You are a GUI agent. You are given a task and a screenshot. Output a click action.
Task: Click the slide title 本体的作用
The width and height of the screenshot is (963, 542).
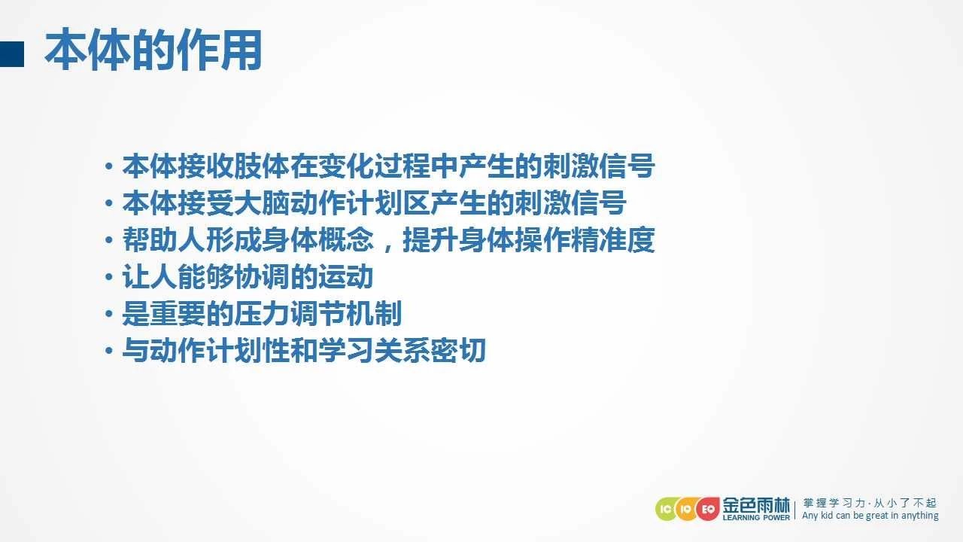pyautogui.click(x=153, y=50)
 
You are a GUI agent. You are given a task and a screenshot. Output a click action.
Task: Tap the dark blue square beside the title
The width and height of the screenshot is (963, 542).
pyautogui.click(x=11, y=53)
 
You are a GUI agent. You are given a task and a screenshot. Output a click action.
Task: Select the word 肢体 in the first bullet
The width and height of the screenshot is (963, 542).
pyautogui.click(x=262, y=166)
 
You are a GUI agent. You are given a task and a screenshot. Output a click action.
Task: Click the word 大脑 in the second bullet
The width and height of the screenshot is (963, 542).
pyautogui.click(x=262, y=203)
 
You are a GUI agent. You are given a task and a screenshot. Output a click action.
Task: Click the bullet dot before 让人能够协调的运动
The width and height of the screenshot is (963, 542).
pyautogui.click(x=109, y=276)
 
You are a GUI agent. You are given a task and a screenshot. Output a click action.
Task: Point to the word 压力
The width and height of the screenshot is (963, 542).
pyautogui.click(x=262, y=314)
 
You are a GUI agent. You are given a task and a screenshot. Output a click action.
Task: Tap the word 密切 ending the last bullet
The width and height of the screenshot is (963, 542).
pyautogui.click(x=458, y=350)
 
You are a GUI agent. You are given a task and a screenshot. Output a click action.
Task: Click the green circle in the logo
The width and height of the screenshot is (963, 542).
pyautogui.click(x=666, y=510)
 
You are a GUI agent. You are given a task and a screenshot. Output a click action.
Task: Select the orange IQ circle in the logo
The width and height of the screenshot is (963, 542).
pyautogui.click(x=687, y=510)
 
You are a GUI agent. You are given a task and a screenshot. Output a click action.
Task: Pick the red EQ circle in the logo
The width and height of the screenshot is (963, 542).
pyautogui.click(x=708, y=510)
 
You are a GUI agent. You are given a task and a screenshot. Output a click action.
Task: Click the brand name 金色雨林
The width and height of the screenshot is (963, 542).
pyautogui.click(x=756, y=505)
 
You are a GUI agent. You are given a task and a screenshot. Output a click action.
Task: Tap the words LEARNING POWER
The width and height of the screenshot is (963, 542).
pyautogui.click(x=756, y=517)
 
